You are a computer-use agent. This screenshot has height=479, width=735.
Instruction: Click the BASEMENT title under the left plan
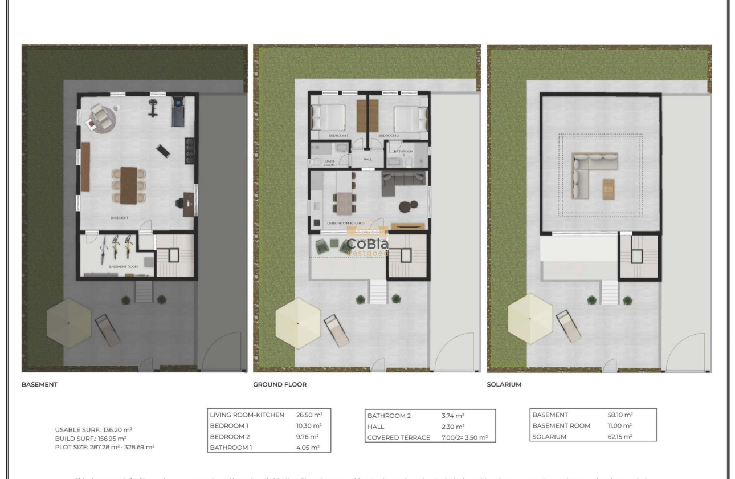point(39,385)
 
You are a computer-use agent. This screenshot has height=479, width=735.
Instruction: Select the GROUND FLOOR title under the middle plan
point(280,385)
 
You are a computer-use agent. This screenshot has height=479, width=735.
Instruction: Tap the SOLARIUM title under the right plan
point(504,385)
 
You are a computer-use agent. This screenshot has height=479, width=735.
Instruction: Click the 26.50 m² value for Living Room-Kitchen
point(309,415)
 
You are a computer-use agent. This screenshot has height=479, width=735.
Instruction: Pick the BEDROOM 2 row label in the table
point(230,437)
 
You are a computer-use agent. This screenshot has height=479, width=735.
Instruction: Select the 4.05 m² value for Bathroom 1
point(308,448)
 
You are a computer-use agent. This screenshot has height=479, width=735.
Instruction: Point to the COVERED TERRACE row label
point(399,437)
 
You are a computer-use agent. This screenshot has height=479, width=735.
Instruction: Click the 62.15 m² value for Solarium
point(620,436)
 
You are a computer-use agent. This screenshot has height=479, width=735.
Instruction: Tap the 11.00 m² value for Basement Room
point(620,426)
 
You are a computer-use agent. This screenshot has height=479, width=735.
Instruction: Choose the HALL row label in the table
point(376,427)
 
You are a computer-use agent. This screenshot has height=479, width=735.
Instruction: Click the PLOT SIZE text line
point(104,448)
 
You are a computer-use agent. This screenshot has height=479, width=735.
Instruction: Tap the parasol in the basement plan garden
point(68,323)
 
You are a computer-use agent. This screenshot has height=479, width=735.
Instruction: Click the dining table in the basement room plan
point(129,185)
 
